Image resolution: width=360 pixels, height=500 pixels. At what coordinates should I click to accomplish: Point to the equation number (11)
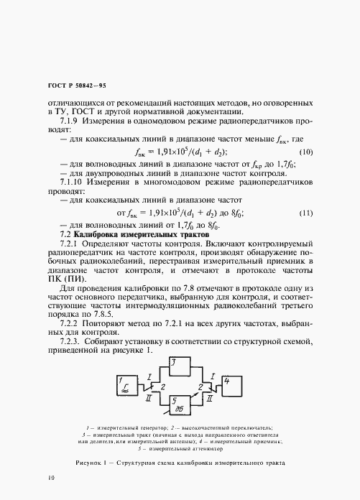tap(306, 213)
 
